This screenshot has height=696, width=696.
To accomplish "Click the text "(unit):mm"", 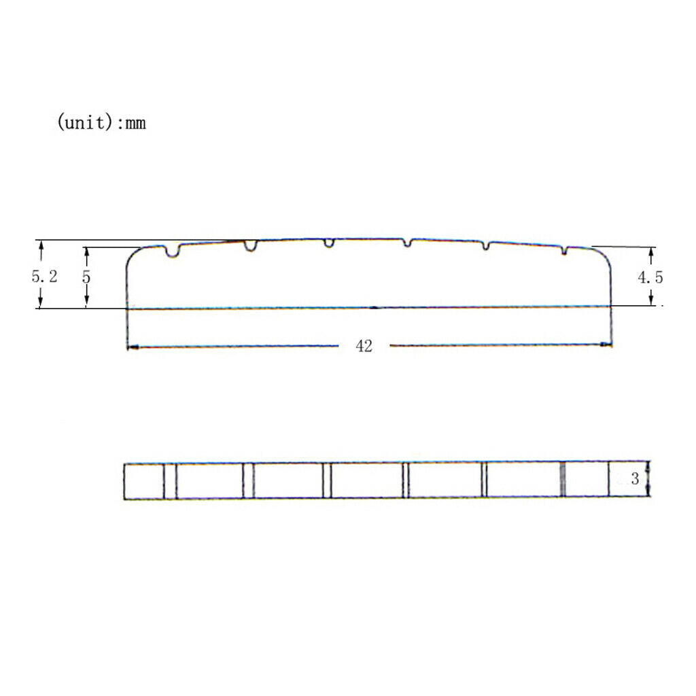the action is [x=101, y=122].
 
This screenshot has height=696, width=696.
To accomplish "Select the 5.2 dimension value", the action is [x=44, y=277].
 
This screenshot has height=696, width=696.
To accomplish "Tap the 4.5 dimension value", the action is [x=650, y=277].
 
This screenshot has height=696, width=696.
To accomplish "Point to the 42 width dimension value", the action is [x=364, y=346].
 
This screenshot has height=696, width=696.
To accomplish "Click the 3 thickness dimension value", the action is [x=635, y=478].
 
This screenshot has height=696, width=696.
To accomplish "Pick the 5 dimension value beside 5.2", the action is [x=86, y=277].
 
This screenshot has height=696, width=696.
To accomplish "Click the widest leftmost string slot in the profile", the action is [x=173, y=251].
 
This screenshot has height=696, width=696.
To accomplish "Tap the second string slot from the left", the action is [x=251, y=245].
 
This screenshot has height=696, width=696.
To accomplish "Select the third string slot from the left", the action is [x=328, y=243].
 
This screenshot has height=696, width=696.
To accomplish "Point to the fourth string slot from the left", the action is [x=407, y=243].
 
